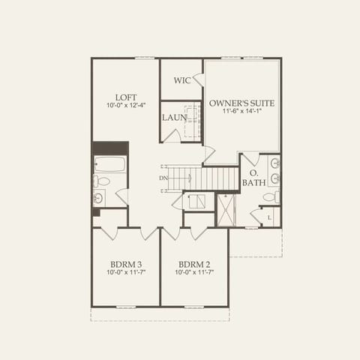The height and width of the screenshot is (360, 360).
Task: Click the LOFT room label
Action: (125, 97)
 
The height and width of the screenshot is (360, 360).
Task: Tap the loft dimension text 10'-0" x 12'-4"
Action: (125, 106)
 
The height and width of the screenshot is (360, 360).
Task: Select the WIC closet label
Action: (181, 80)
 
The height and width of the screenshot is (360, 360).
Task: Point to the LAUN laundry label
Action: (174, 118)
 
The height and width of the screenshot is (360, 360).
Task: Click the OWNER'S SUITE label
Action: (241, 103)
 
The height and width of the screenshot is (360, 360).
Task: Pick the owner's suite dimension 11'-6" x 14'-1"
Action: (241, 111)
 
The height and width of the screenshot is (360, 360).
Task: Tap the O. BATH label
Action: (253, 178)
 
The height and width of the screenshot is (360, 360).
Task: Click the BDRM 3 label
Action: (125, 264)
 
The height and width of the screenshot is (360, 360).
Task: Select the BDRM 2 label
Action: (194, 264)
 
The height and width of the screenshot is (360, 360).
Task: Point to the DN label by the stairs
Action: (163, 178)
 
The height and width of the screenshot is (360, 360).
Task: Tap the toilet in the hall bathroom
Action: (101, 181)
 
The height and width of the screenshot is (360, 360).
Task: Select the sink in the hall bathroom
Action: (98, 198)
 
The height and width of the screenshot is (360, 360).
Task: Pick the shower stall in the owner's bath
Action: (226, 210)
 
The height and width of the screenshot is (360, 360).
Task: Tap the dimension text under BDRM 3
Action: (125, 273)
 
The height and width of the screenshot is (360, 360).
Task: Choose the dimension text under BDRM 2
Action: (194, 273)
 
